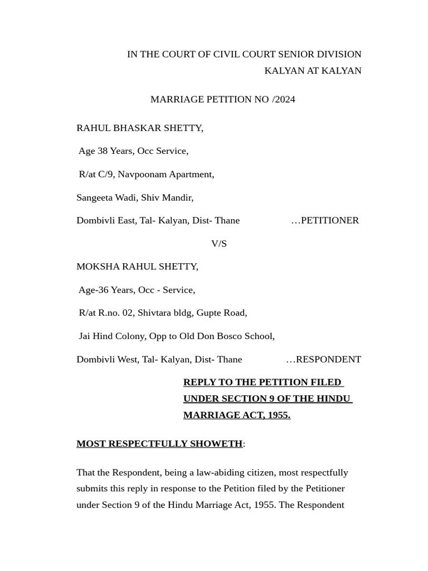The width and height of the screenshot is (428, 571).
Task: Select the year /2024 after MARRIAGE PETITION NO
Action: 284,99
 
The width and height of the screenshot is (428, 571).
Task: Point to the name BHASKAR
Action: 137,128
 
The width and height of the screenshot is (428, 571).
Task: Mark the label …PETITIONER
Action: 325,220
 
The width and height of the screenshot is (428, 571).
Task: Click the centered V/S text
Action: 219,244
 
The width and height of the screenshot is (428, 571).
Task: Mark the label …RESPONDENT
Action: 323,360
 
